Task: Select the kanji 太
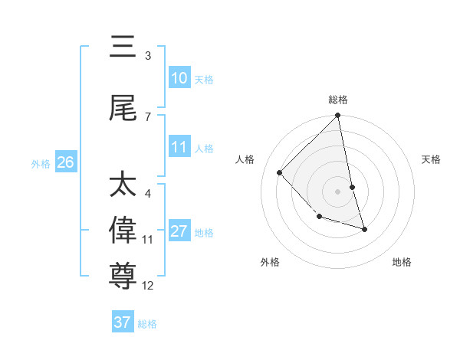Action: click(123, 185)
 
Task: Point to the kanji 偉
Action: click(123, 229)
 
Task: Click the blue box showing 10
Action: click(179, 78)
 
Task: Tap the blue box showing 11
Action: click(179, 147)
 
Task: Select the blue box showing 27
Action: click(179, 231)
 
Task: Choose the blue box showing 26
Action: click(65, 162)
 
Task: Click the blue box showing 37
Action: click(122, 322)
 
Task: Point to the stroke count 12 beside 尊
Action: click(148, 286)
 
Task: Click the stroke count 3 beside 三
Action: click(148, 56)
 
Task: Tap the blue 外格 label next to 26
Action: click(41, 163)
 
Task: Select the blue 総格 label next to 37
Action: click(147, 324)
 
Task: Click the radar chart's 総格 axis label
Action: click(338, 100)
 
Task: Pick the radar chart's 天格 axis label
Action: click(431, 159)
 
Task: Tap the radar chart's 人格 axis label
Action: click(245, 159)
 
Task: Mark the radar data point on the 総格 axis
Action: click(337, 116)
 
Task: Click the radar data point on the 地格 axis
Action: click(364, 229)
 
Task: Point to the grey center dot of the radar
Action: click(338, 191)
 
